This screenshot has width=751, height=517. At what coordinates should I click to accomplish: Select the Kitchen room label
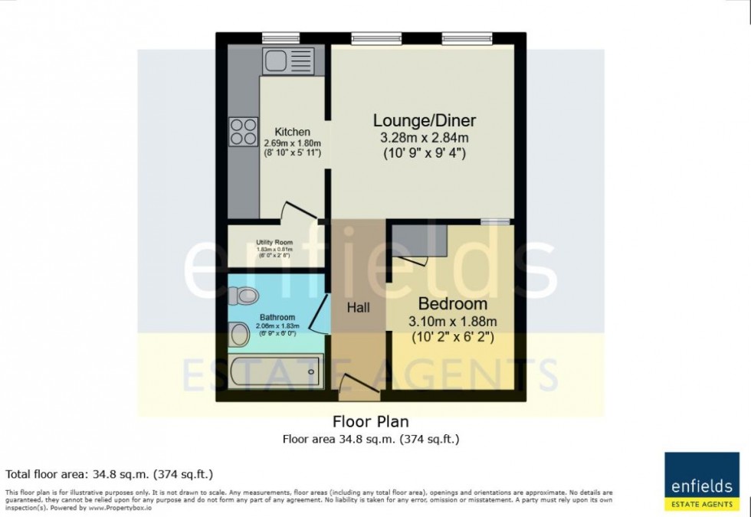tap(292, 132)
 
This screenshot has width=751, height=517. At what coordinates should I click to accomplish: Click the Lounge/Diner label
tap(424, 120)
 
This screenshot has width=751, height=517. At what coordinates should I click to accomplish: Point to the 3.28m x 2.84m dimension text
tap(424, 138)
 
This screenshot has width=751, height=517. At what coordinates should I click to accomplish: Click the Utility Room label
tap(274, 242)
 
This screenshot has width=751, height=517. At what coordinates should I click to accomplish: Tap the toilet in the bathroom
tap(246, 295)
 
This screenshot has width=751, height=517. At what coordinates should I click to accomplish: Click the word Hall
tap(357, 307)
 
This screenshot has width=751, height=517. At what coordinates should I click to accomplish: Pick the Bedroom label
tap(452, 303)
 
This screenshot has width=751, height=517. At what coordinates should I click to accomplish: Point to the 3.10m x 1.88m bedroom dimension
tap(452, 321)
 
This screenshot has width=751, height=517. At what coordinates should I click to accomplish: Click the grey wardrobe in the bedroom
tap(421, 243)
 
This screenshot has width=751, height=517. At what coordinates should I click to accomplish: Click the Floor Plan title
tap(370, 421)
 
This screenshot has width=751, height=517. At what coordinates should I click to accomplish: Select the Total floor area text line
tap(109, 474)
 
